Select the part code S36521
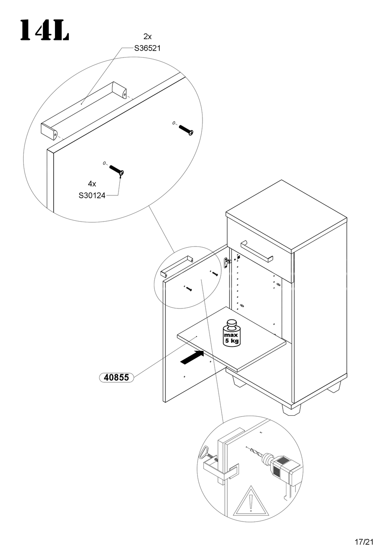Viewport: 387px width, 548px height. point(147,48)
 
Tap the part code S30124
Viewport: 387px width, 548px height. point(92,195)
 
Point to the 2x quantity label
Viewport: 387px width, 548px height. point(147,36)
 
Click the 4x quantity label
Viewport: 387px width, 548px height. point(92,184)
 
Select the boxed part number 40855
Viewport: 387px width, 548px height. point(116,377)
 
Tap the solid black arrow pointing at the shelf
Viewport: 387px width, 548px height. point(192,357)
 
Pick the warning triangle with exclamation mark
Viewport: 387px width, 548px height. point(251,502)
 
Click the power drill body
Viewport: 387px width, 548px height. point(284,467)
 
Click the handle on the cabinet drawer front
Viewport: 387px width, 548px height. point(257,252)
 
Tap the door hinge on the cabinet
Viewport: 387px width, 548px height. point(227,262)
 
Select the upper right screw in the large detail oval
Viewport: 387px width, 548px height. point(186,130)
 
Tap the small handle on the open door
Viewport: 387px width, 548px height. point(176,266)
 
